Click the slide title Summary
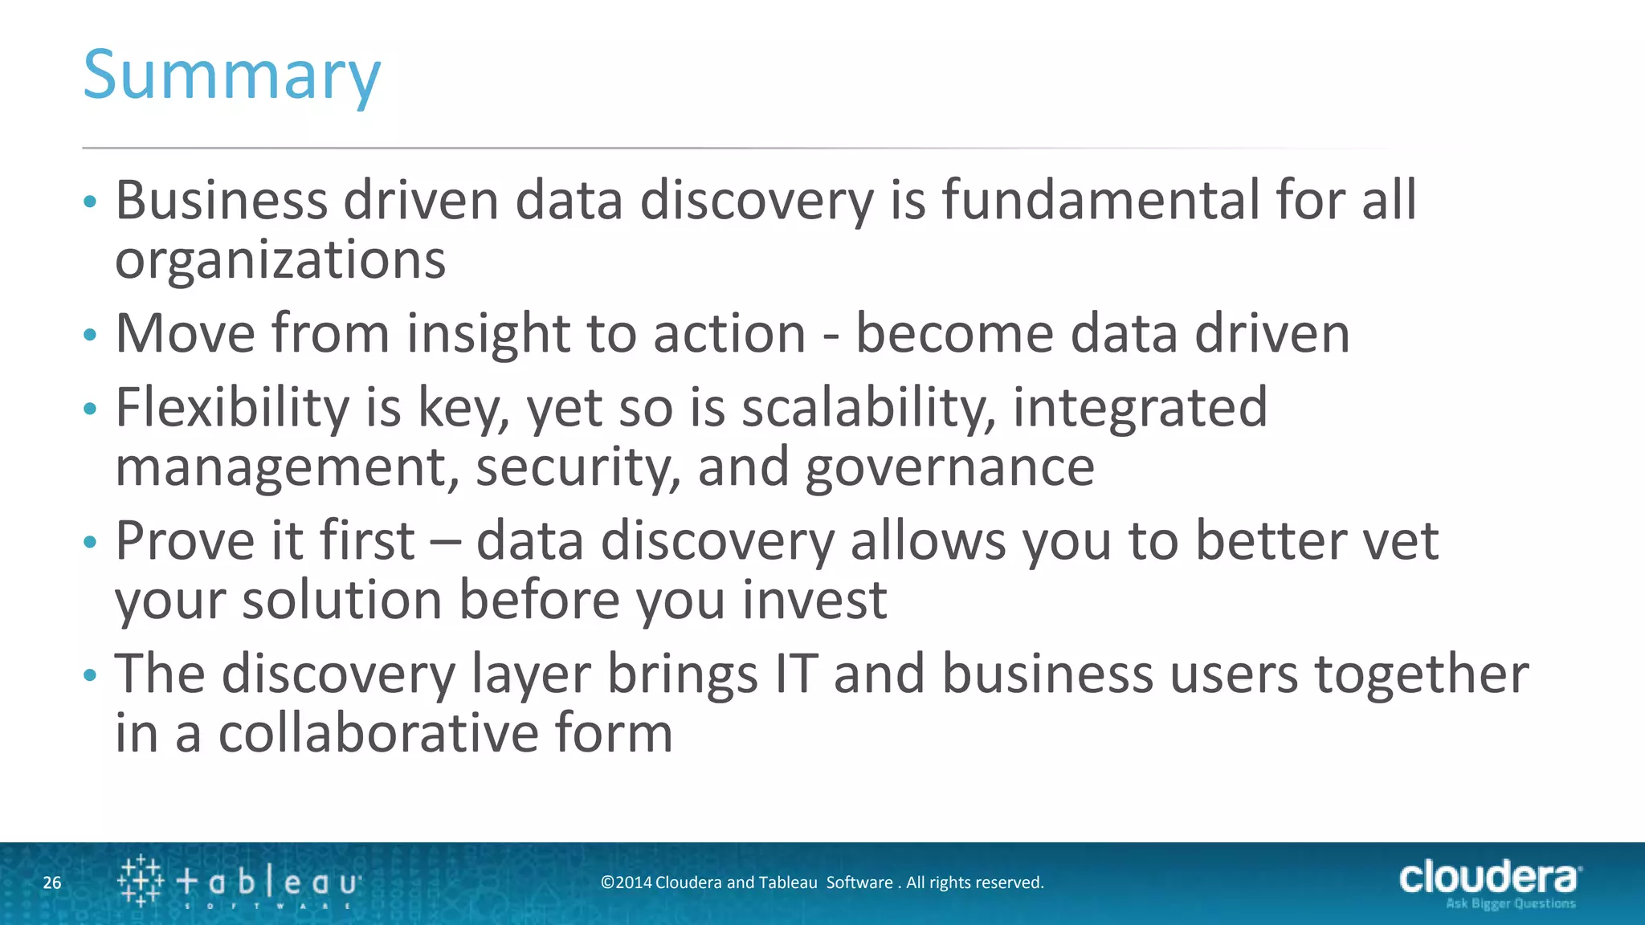pyautogui.click(x=231, y=75)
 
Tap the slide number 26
pyautogui.click(x=52, y=883)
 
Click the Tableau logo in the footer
pyautogui.click(x=239, y=882)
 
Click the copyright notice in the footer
pyautogui.click(x=822, y=882)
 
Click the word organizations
pyautogui.click(x=280, y=260)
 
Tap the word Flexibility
pyautogui.click(x=232, y=408)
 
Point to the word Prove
pyautogui.click(x=186, y=540)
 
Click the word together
pyautogui.click(x=1421, y=674)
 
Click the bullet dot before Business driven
pyautogui.click(x=90, y=202)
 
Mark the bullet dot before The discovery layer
pyautogui.click(x=90, y=675)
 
